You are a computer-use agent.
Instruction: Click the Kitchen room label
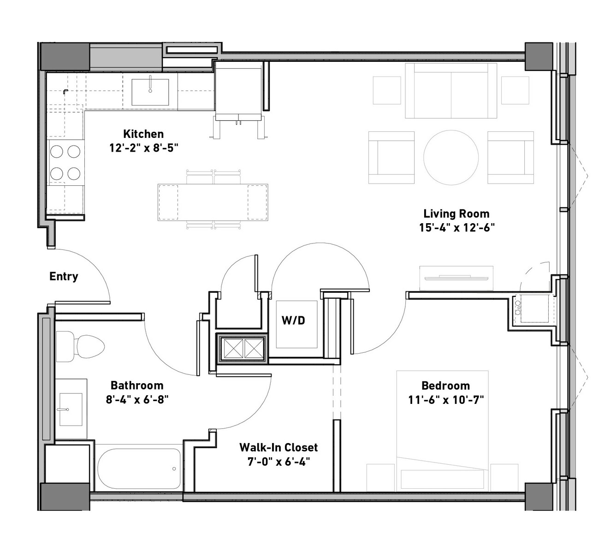143,134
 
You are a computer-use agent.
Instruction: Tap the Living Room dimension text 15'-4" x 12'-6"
456,228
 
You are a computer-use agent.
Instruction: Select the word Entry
64,276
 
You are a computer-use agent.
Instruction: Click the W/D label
293,320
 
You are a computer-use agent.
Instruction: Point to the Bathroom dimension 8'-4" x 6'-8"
137,399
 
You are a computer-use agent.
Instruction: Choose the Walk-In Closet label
278,447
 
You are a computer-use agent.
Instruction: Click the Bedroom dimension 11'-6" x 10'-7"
446,400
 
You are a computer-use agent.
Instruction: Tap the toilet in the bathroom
80,346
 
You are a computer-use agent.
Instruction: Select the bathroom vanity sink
71,409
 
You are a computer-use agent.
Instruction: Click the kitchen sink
150,92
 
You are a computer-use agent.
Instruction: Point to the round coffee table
451,158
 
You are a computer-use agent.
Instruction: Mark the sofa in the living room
451,91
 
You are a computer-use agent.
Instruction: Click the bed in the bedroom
442,431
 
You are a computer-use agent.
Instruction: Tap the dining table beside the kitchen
213,202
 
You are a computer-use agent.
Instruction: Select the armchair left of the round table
391,158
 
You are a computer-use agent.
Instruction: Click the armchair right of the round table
510,158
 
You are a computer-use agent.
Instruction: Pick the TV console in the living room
456,278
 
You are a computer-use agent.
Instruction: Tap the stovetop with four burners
65,163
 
